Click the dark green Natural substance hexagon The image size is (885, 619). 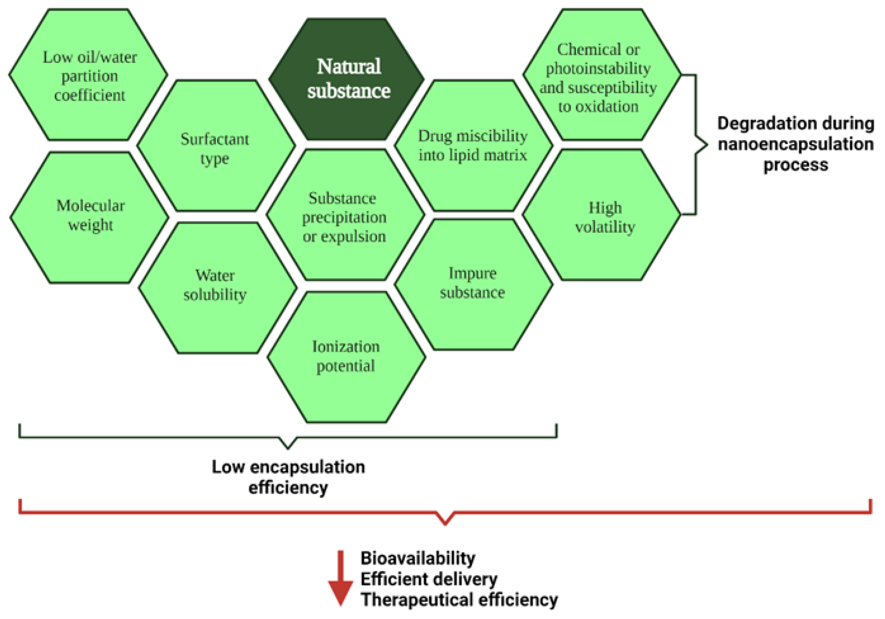(347, 79)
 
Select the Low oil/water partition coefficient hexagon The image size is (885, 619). (89, 75)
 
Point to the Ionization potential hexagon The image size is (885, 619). (346, 357)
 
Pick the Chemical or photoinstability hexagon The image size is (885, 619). (601, 75)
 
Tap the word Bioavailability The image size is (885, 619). (418, 558)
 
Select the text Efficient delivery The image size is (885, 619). (429, 579)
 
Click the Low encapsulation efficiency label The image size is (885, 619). (288, 477)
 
